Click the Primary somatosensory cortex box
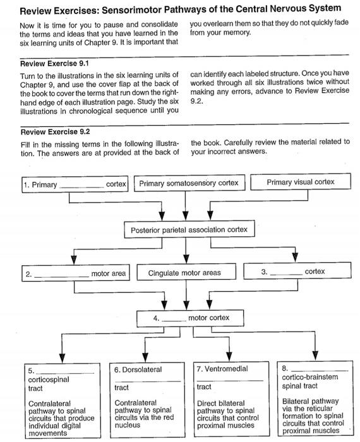tap(188, 184)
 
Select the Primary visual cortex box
tap(300, 182)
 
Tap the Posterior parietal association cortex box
tap(189, 229)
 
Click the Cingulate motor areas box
tap(184, 273)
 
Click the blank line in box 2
tap(62, 275)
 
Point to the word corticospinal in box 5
tap(49, 380)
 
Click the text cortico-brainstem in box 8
tap(310, 377)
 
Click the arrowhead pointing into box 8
tap(314, 355)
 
